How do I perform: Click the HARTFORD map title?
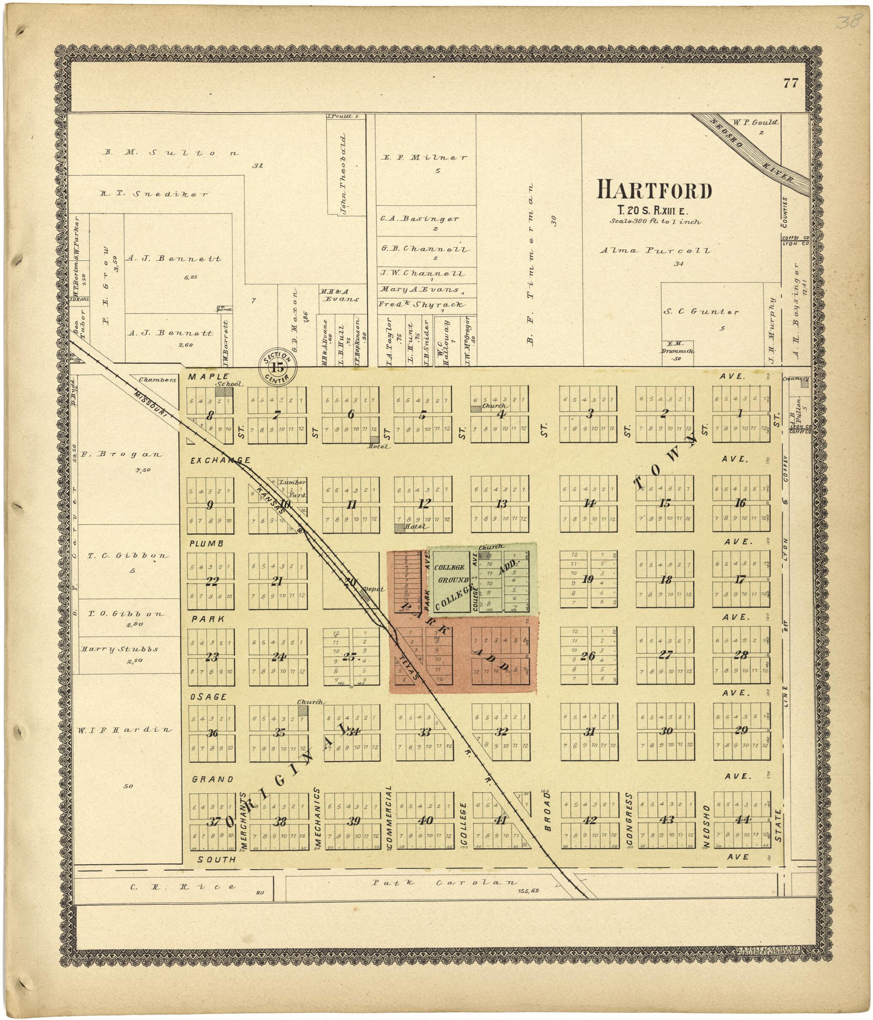(x=654, y=190)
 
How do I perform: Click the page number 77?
(x=790, y=83)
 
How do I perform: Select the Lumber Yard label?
(x=293, y=489)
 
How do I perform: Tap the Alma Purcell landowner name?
(x=655, y=250)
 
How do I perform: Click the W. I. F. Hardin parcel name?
(x=124, y=730)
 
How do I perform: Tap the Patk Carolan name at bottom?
(x=445, y=883)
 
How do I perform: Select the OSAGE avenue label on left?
(x=209, y=697)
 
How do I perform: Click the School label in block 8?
(x=228, y=384)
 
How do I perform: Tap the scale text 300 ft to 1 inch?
(x=655, y=222)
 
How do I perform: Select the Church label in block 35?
(x=309, y=702)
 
